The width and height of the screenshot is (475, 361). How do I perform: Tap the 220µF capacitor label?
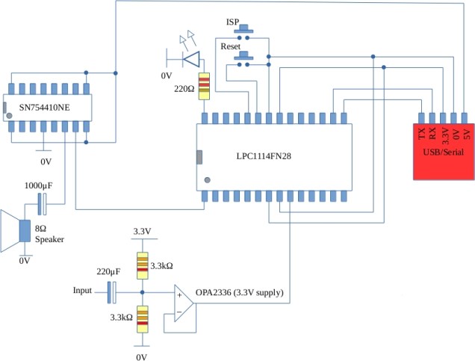tap(108, 272)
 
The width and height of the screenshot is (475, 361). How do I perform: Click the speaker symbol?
tap(15, 232)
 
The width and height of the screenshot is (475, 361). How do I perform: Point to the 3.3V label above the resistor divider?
tap(142, 232)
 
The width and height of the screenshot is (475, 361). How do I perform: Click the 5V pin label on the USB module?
tap(466, 135)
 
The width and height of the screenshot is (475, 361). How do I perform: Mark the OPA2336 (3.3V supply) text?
tap(243, 292)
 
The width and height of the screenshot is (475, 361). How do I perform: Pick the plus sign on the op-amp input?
tap(179, 296)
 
